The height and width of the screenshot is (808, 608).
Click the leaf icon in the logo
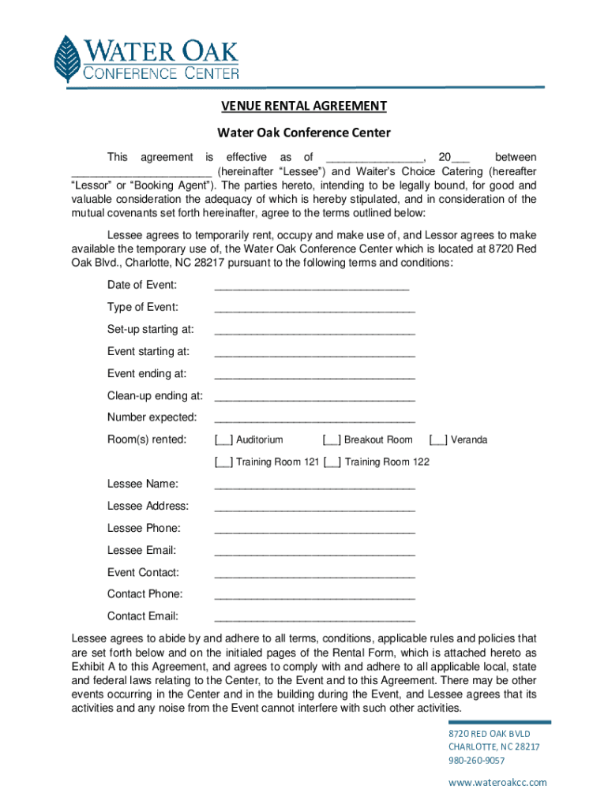click(68, 59)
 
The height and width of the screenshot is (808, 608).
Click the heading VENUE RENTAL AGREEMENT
click(303, 106)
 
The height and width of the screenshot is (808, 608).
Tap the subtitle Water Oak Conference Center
click(304, 133)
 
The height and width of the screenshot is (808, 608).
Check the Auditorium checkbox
click(223, 440)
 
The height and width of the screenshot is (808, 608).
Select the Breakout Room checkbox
click(332, 440)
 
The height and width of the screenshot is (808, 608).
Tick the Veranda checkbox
click(438, 440)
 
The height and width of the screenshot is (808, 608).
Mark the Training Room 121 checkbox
click(223, 462)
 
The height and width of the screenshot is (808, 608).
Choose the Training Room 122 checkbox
click(332, 462)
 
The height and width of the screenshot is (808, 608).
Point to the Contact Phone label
click(144, 593)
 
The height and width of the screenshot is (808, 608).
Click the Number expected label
click(152, 417)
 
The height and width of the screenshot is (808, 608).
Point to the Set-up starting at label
click(150, 329)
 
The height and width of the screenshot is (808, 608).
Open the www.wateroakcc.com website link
click(497, 782)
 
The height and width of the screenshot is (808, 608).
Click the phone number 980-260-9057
click(476, 761)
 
